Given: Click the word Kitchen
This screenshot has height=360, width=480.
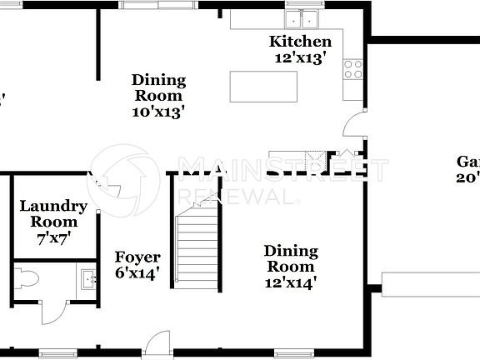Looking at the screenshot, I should coord(300,42).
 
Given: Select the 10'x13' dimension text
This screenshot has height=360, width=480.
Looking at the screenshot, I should coord(158,111).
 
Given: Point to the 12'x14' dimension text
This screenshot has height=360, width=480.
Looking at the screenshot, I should coord(291,282).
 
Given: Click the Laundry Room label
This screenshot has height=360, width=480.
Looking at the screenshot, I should coord(53,214).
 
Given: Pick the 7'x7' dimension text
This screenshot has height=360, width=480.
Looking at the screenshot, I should coord(53,237).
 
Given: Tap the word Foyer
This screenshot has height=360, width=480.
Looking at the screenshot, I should coord(137,257).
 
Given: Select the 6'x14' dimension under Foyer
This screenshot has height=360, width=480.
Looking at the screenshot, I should coord(137,272).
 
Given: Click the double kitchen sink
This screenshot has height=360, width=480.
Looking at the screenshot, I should coord(302,18).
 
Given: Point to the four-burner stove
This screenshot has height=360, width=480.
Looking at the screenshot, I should coord(353,69).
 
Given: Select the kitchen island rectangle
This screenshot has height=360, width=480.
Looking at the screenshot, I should coord(263,87).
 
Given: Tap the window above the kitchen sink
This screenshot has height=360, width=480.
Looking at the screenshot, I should coord(302,4).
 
